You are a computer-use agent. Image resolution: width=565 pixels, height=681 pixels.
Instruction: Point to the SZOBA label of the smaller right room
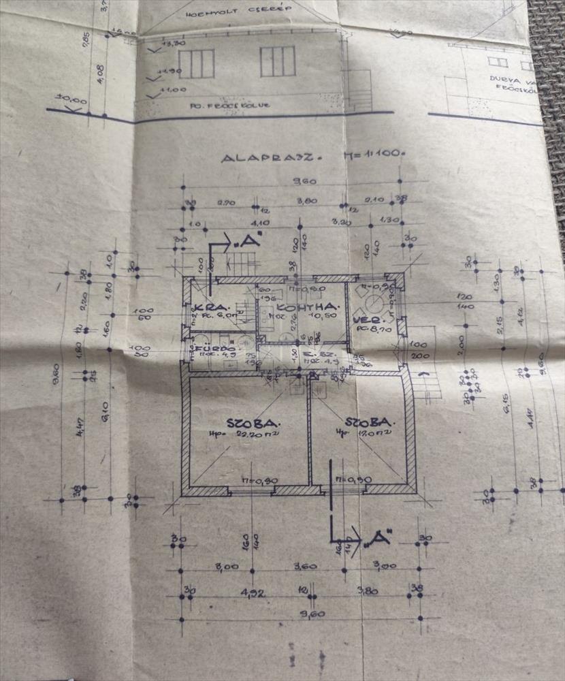366,422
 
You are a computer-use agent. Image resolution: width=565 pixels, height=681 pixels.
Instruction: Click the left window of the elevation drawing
196,63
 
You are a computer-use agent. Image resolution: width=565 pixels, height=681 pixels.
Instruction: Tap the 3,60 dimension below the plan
306,566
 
